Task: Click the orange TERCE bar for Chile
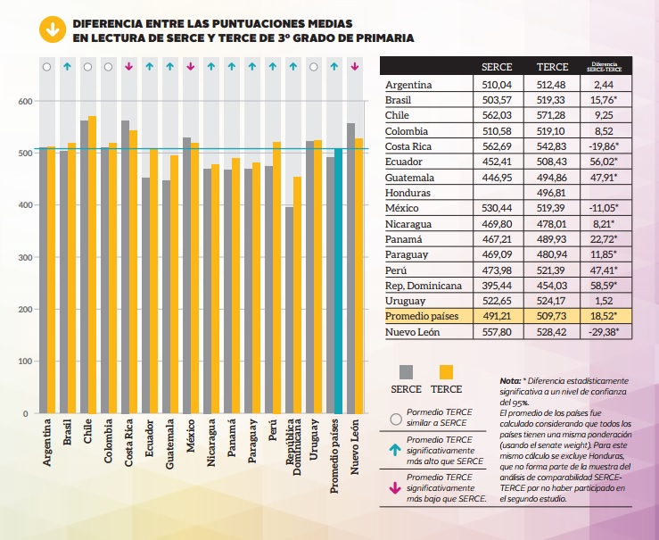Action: [92, 264]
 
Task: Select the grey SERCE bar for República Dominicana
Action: [289, 310]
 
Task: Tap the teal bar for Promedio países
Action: [338, 281]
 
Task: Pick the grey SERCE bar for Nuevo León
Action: [350, 269]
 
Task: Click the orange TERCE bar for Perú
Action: [276, 278]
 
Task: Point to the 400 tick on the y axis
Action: [25, 205]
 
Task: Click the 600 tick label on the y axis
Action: [25, 102]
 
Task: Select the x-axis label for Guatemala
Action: [169, 444]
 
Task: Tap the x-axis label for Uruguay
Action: [314, 439]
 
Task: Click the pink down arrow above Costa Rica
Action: [129, 66]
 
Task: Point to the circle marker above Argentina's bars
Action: [46, 67]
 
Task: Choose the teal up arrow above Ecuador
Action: [149, 66]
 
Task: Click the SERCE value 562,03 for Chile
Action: [497, 115]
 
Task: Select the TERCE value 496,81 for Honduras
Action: [551, 193]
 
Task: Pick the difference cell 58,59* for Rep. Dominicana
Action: [604, 285]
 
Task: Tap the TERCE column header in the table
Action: [552, 67]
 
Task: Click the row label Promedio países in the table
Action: [422, 316]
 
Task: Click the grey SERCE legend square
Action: [406, 372]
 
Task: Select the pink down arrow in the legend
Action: [395, 488]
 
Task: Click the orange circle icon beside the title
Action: [53, 29]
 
